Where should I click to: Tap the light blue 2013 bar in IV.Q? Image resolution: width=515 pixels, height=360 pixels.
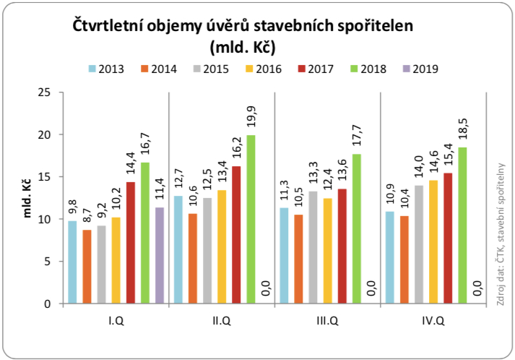390,257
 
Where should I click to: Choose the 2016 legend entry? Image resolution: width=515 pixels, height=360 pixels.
261,69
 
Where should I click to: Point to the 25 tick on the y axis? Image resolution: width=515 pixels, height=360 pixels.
46,93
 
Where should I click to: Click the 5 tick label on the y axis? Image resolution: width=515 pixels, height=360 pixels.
48,262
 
